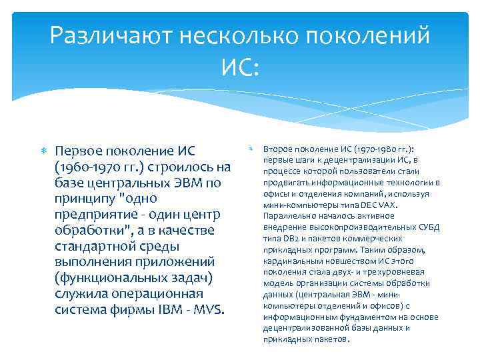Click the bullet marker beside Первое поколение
[x=46, y=150]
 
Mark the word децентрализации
[x=359, y=160]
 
